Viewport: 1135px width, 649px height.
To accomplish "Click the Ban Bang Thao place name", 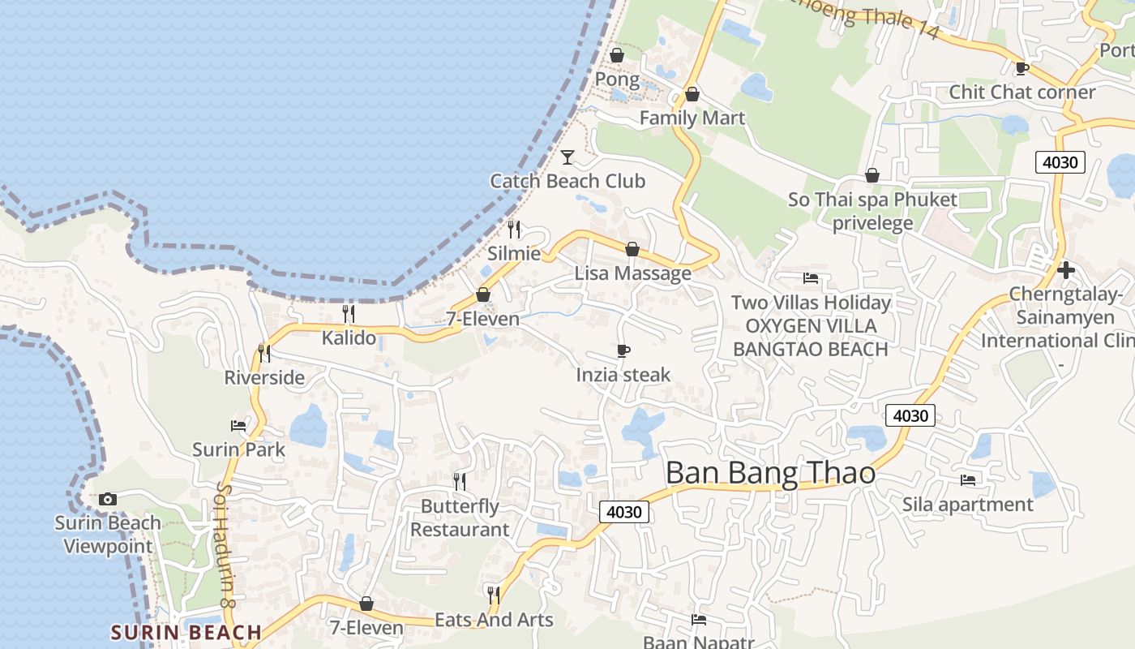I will point(770,472).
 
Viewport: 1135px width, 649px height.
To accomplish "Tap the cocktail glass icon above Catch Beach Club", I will point(567,157).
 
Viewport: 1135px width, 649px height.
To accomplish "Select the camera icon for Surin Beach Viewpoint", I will point(108,499).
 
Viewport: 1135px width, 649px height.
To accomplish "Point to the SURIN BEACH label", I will point(186,632).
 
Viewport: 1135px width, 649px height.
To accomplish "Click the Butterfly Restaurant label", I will point(460,518).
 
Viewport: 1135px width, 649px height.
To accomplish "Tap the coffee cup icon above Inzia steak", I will point(623,350).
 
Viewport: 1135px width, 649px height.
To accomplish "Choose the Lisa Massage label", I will point(632,273).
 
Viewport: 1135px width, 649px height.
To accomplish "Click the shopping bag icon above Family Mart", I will point(692,94).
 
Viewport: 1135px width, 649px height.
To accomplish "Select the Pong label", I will point(617,80).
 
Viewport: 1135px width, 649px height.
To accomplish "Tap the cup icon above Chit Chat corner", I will point(1021,68).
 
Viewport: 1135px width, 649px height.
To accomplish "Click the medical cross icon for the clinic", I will point(1066,269).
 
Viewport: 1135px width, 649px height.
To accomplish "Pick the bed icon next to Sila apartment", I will point(967,480).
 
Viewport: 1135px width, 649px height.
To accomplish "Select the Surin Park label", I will point(238,449).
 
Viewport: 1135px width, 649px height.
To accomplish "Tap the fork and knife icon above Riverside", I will point(263,353).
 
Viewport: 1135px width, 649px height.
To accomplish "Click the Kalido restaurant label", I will point(349,337).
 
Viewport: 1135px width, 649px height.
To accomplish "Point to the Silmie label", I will point(514,253).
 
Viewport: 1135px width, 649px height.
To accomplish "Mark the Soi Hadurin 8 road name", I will point(225,544).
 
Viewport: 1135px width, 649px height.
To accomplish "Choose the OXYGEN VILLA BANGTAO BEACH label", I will point(811,337).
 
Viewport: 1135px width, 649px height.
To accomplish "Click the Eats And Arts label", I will point(494,620).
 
